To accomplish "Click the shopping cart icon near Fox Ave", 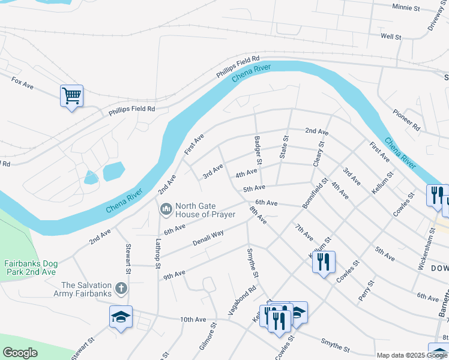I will tap(71, 96).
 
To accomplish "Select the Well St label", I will tap(391, 37).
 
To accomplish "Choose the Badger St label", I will tap(258, 151).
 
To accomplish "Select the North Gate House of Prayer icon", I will tap(166, 209).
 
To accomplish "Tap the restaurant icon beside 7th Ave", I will tap(324, 262).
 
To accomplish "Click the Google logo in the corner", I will tap(20, 353).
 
